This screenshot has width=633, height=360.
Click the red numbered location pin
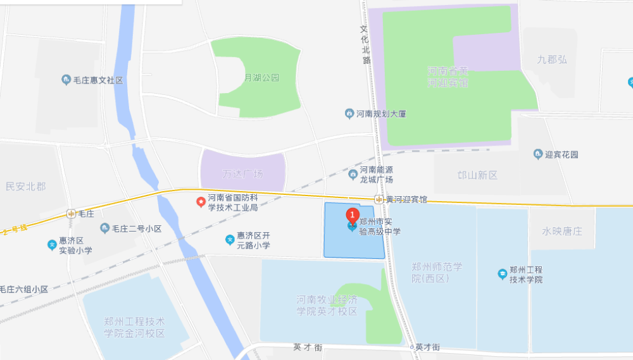[352, 214]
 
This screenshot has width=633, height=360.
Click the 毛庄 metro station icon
[71, 214]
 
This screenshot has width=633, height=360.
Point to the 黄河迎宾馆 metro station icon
[379, 199]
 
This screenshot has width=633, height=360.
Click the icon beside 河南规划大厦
[349, 114]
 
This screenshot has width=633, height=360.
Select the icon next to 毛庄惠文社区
[66, 80]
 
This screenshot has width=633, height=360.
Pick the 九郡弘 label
[552, 59]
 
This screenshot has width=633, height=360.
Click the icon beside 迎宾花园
[539, 154]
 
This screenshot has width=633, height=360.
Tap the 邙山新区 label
[478, 175]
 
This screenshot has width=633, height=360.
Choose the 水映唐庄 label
[561, 231]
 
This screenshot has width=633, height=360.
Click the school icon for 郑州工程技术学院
[502, 274]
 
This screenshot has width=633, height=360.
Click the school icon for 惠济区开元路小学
[229, 240]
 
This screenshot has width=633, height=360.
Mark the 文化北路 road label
[365, 44]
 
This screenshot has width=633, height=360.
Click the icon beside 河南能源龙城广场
[353, 174]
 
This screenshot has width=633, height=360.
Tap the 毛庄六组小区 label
[24, 289]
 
